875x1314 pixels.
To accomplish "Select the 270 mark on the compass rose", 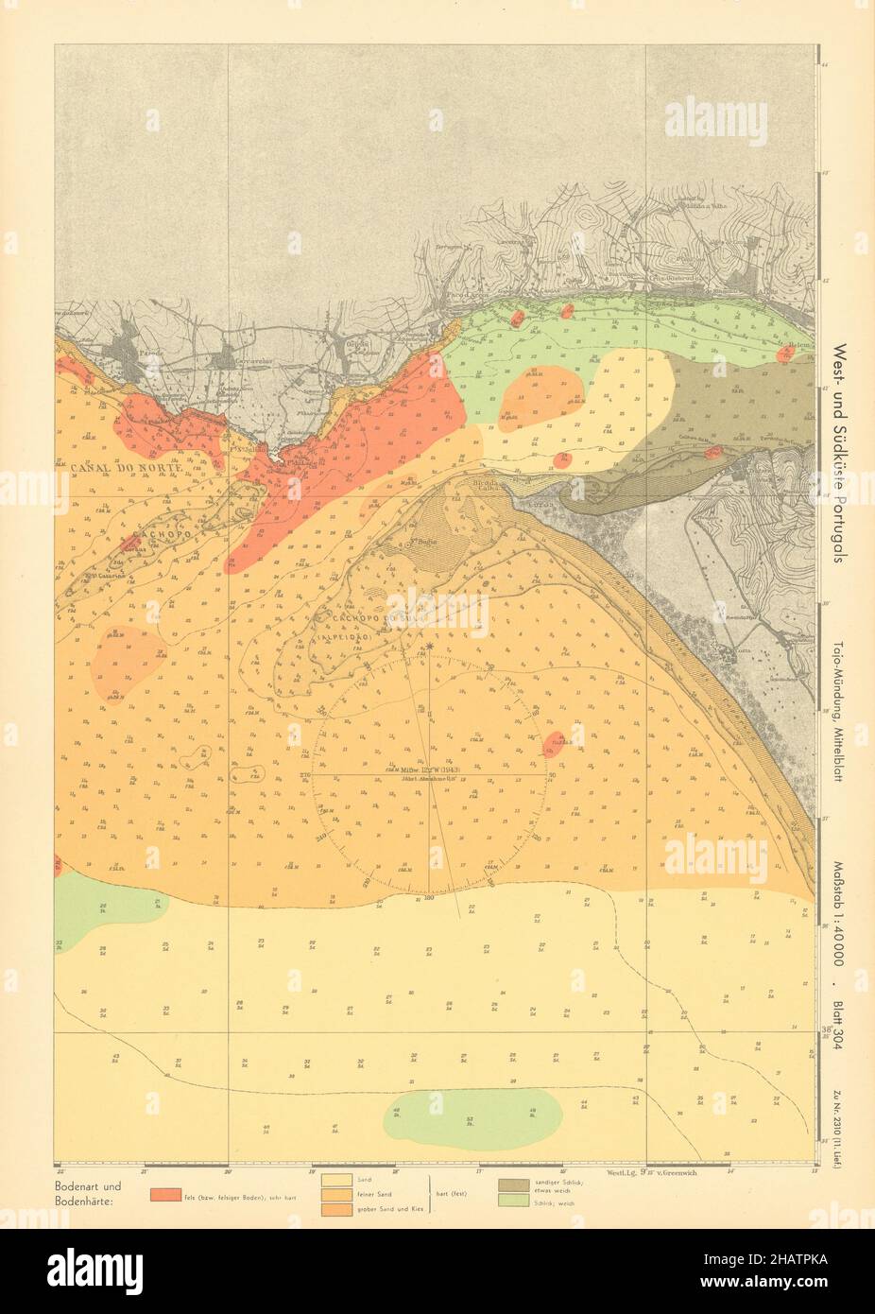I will (x=305, y=774).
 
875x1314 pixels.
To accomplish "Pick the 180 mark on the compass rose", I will (x=430, y=896).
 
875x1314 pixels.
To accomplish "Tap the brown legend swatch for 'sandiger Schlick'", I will (x=513, y=1184).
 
